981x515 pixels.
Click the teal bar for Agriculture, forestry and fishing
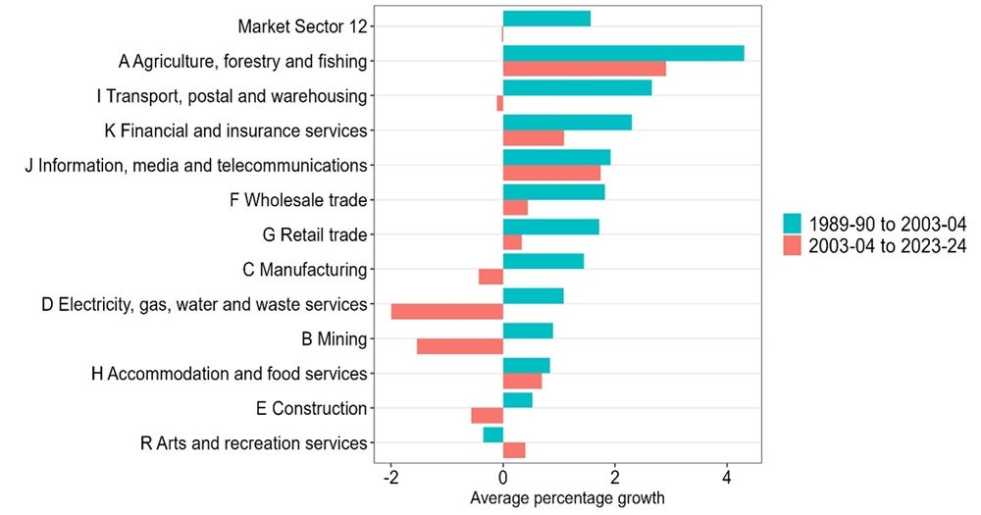click(x=623, y=53)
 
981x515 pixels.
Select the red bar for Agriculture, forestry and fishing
click(x=584, y=69)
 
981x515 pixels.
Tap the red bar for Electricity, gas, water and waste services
click(x=446, y=312)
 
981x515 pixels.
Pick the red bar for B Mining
click(x=459, y=346)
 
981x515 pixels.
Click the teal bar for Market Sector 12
click(x=546, y=19)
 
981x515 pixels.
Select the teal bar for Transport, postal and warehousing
click(x=577, y=87)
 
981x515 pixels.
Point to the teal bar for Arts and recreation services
click(x=492, y=435)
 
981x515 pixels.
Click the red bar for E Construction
click(x=487, y=416)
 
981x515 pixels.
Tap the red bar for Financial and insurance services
click(x=533, y=138)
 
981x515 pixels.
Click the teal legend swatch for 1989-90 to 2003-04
click(x=792, y=224)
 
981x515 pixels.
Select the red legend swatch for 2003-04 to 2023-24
click(x=792, y=246)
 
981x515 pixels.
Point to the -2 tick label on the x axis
click(x=390, y=479)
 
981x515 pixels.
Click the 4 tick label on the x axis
click(x=726, y=479)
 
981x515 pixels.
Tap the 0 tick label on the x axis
click(x=502, y=479)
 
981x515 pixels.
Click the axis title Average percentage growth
click(x=567, y=498)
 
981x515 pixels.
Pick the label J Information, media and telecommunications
click(x=196, y=165)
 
